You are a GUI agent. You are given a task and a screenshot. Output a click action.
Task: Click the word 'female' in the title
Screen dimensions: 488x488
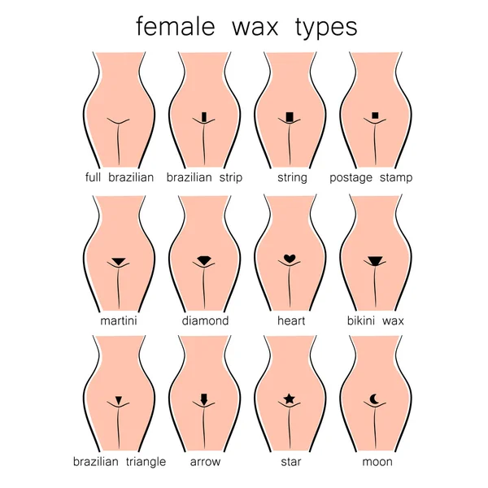(176, 27)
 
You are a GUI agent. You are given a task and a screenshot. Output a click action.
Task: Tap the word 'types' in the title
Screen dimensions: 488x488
(326, 28)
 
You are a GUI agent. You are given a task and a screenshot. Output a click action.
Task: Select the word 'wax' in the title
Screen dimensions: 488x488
(255, 28)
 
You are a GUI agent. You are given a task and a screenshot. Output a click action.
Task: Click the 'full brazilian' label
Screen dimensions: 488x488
(120, 177)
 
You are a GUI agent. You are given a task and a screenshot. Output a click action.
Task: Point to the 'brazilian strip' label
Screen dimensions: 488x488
(204, 177)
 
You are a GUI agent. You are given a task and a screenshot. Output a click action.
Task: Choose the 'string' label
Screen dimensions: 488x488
(292, 178)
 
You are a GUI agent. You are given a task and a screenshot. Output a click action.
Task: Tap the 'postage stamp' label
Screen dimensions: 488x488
(371, 178)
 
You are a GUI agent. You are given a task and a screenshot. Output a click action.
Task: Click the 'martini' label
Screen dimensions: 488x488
(119, 320)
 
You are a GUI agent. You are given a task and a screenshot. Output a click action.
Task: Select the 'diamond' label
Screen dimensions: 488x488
(205, 320)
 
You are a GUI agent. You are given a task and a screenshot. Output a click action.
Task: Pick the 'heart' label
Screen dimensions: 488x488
(291, 320)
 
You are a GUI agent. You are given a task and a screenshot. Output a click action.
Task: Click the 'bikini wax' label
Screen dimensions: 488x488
(375, 320)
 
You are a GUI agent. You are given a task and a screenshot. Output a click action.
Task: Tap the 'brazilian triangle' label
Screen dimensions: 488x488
(120, 462)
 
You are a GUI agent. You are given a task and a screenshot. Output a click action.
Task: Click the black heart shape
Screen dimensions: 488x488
(290, 259)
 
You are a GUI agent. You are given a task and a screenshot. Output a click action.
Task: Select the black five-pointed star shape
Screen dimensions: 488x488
(289, 399)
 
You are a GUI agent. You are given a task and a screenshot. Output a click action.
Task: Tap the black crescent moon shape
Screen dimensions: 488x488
(373, 399)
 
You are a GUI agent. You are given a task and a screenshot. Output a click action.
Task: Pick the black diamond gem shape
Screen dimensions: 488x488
(204, 260)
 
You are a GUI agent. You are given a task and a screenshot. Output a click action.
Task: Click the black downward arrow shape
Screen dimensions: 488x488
(204, 399)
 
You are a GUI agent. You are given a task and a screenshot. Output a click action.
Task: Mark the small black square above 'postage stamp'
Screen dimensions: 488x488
(375, 115)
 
